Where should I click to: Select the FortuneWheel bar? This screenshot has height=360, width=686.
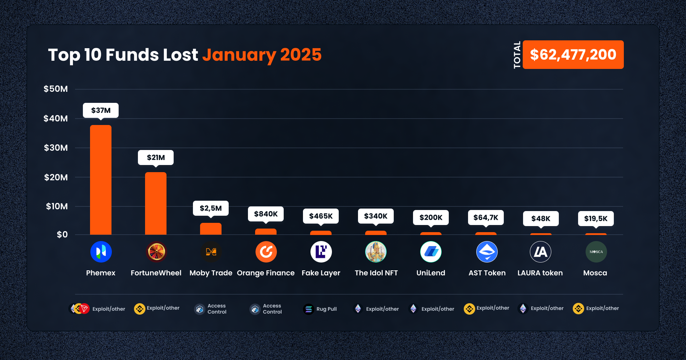(156, 203)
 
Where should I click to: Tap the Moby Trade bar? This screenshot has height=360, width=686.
(211, 229)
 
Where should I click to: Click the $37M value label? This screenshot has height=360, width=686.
(101, 110)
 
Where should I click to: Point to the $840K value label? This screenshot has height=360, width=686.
(266, 214)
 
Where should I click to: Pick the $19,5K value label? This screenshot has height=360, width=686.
(596, 219)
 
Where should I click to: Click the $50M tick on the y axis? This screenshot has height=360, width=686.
(56, 89)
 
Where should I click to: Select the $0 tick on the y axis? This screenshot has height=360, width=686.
(62, 235)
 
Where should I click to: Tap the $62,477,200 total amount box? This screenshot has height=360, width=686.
(573, 55)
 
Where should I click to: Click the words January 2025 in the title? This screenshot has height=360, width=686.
(262, 55)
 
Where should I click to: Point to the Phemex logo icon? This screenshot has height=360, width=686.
(101, 252)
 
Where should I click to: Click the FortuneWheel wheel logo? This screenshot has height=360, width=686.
(156, 252)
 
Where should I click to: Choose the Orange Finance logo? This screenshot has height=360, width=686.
(266, 252)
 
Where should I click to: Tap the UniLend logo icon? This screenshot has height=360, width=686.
(431, 252)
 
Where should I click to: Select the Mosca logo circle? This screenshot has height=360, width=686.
(596, 252)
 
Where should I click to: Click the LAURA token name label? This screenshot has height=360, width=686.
(540, 273)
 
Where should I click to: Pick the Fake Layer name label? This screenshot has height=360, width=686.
(321, 273)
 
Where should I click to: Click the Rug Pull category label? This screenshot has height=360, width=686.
(327, 309)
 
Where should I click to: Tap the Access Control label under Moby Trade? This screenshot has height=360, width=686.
(217, 309)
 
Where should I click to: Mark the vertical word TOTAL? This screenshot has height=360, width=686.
(517, 55)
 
